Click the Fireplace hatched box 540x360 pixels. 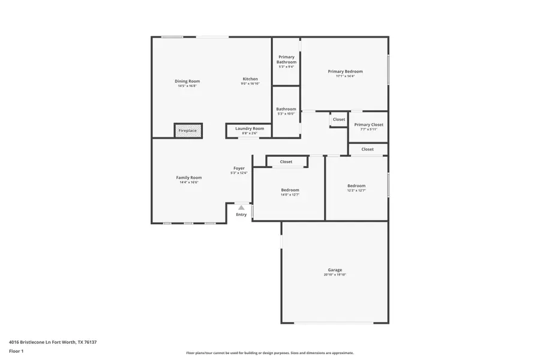[x=188, y=131]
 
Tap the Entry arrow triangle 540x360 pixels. [x=241, y=208]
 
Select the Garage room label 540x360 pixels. [x=334, y=270]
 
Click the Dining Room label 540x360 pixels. [x=187, y=81]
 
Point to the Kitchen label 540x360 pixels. [x=250, y=79]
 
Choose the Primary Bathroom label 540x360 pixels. [x=286, y=59]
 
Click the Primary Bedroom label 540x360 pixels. [x=345, y=71]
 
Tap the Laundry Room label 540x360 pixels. [x=250, y=128]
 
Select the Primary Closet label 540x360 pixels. [x=368, y=125]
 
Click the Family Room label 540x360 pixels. [x=188, y=178]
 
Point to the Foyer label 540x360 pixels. [x=239, y=169]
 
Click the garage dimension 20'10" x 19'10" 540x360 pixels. [x=334, y=275]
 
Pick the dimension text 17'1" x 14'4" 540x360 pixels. [x=345, y=76]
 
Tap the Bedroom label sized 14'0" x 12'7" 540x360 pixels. [x=290, y=190]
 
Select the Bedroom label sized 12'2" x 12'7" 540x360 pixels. [x=356, y=186]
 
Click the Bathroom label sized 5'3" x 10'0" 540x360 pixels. [x=286, y=109]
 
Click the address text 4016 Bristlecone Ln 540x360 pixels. [x=53, y=342]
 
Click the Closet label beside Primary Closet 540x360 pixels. [x=339, y=119]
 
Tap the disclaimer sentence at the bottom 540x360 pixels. [x=270, y=353]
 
